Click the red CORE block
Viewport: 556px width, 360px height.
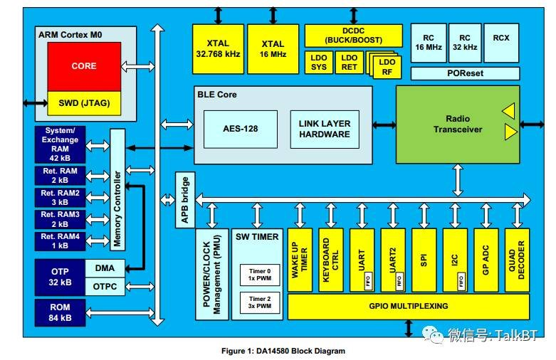(83, 66)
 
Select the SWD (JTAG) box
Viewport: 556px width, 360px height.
(83, 103)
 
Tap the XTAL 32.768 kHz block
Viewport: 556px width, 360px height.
(217, 48)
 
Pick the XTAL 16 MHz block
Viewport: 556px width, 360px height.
(272, 48)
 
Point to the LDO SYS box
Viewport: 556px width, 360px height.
(318, 63)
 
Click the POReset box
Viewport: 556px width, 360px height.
(465, 73)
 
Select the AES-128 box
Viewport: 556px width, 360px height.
(241, 129)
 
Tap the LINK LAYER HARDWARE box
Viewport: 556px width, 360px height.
(324, 129)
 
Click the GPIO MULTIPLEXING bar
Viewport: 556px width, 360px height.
(408, 306)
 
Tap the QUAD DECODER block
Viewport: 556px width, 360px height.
(517, 259)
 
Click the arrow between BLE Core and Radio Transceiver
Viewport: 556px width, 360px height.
(384, 125)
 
